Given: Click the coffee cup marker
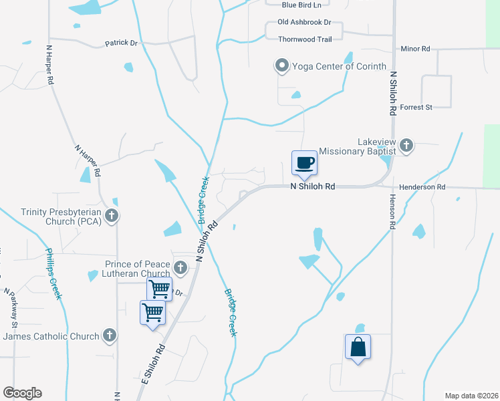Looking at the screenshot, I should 304,163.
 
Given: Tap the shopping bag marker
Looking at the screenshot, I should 358,347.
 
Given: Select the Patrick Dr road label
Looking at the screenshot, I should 121,43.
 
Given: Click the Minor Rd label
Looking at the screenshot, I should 415,49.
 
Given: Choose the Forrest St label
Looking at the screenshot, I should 416,106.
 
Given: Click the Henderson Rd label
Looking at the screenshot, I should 422,188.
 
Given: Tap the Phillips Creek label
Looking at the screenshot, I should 53,274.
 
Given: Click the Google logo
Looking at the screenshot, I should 22,393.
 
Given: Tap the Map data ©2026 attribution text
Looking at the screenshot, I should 471,396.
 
